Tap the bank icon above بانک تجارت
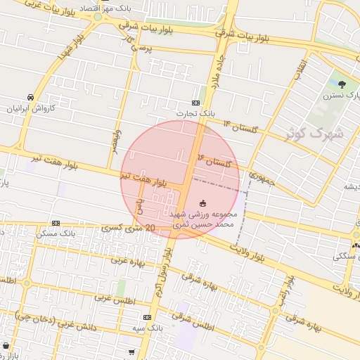[195, 103]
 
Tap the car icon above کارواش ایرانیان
[30, 97]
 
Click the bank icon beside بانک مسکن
[56, 223]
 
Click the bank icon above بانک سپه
[146, 318]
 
